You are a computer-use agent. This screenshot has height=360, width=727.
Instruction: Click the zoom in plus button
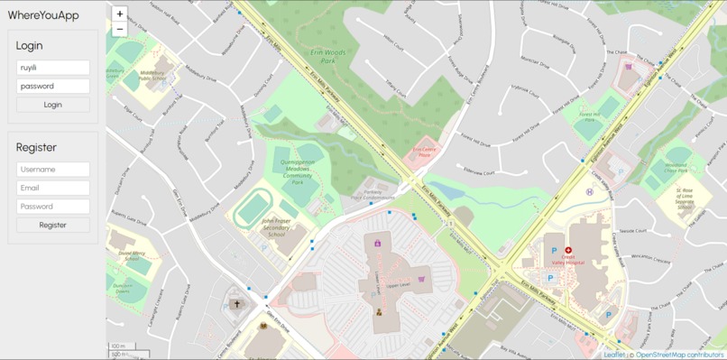click(x=120, y=14)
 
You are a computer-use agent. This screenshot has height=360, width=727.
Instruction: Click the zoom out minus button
click(x=120, y=29)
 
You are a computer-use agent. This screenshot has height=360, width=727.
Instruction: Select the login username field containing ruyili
click(x=53, y=68)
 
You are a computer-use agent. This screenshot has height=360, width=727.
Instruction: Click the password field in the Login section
click(x=53, y=87)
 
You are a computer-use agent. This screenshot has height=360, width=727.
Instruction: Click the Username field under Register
click(x=53, y=170)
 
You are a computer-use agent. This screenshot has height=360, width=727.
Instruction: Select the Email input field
click(x=53, y=188)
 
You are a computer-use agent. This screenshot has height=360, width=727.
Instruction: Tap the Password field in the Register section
click(x=53, y=207)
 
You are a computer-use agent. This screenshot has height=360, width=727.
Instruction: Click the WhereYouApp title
click(x=43, y=15)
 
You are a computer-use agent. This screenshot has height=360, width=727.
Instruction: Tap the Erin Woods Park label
click(x=328, y=57)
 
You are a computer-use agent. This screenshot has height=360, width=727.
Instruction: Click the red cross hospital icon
click(x=569, y=251)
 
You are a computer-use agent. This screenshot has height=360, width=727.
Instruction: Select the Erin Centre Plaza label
click(x=424, y=152)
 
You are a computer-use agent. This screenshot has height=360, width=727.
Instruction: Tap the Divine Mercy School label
click(x=132, y=255)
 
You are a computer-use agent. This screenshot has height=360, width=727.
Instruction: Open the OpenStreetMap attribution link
click(x=678, y=355)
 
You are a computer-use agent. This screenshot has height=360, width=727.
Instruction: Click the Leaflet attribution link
click(x=613, y=355)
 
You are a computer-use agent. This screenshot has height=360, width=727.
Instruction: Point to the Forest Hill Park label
click(x=589, y=116)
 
